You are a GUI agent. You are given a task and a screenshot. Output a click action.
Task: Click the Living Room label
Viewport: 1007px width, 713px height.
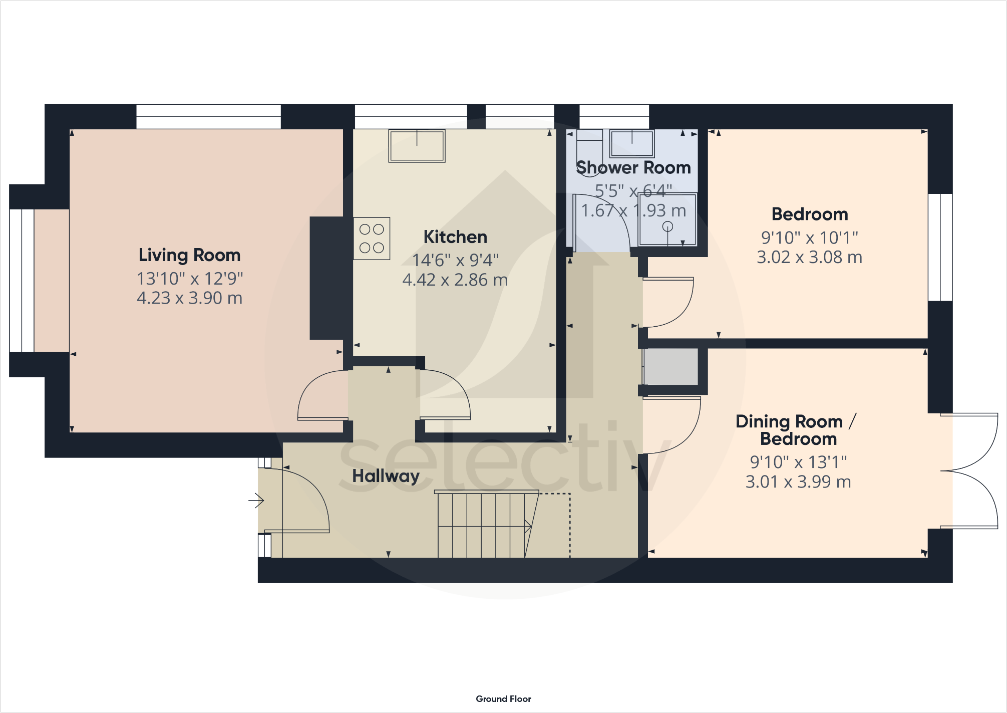pyautogui.click(x=189, y=255)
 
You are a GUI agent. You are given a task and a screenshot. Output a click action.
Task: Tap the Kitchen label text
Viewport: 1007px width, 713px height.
pyautogui.click(x=455, y=237)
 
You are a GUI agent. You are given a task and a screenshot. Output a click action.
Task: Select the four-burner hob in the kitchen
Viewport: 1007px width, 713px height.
pyautogui.click(x=372, y=239)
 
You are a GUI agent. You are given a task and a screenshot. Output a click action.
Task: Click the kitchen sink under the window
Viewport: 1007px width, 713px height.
pyautogui.click(x=417, y=146)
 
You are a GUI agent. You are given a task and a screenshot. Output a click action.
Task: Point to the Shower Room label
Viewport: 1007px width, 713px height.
pyautogui.click(x=633, y=167)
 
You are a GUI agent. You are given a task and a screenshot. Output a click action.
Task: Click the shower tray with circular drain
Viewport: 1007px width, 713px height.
pyautogui.click(x=667, y=220)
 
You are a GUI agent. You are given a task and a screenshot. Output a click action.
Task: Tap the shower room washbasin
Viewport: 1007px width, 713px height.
pyautogui.click(x=632, y=143)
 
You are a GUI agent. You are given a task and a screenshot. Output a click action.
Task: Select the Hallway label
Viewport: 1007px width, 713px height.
pyautogui.click(x=386, y=476)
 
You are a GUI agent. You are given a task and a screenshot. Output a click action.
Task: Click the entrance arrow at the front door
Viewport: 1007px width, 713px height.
pyautogui.click(x=257, y=500)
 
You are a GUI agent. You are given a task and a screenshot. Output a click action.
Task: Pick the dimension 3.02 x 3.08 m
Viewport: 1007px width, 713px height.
pyautogui.click(x=809, y=257)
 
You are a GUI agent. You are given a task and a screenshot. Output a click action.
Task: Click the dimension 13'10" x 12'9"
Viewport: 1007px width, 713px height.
pyautogui.click(x=190, y=279)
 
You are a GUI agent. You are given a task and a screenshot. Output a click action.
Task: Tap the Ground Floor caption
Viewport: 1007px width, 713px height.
pyautogui.click(x=503, y=699)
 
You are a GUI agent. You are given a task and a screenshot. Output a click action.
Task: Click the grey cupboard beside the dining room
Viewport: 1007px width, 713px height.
pyautogui.click(x=671, y=367)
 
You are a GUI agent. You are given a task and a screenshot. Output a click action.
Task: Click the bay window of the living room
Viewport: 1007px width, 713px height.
pyautogui.click(x=22, y=281)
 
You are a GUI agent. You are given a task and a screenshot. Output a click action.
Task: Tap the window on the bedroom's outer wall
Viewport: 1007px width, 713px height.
pyautogui.click(x=940, y=248)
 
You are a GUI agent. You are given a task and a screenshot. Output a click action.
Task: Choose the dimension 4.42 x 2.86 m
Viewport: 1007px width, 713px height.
pyautogui.click(x=455, y=280)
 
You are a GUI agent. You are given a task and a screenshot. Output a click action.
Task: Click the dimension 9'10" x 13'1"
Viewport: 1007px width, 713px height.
pyautogui.click(x=798, y=462)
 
